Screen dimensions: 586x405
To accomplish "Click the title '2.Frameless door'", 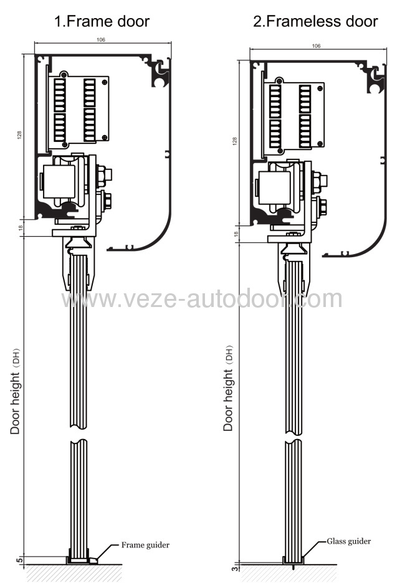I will [315, 21].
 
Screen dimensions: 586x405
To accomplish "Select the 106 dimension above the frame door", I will [101, 39].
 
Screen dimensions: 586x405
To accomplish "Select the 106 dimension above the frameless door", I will [315, 45].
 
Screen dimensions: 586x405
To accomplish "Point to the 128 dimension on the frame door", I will [19, 135].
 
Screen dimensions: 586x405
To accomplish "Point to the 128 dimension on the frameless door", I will [234, 141].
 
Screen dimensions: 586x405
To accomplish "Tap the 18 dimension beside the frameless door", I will [236, 234].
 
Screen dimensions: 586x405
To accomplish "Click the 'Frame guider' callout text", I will [145, 545].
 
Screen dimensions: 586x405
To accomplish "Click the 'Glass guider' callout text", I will [349, 541].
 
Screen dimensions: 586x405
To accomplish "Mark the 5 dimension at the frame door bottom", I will [19, 559].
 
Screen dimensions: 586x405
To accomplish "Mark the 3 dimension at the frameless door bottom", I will [233, 568].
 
